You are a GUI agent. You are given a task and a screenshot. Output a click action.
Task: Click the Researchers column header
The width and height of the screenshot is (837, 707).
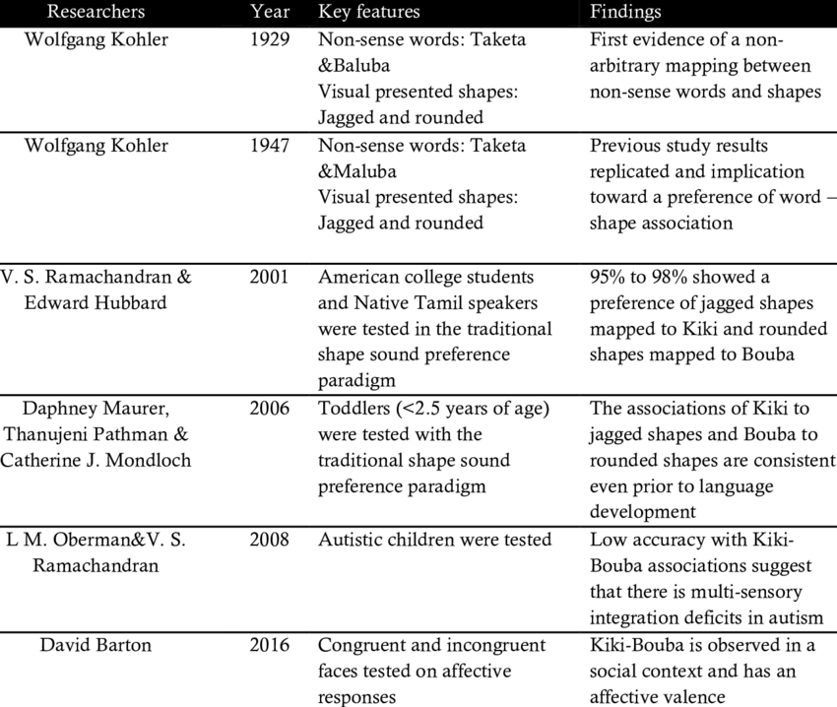pyautogui.click(x=96, y=12)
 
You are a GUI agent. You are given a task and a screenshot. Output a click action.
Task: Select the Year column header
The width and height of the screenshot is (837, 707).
pyautogui.click(x=270, y=12)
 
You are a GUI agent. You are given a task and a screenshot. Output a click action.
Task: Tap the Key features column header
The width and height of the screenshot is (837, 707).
pyautogui.click(x=368, y=12)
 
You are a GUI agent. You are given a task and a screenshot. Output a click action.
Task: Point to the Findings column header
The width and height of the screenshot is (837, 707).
pyautogui.click(x=625, y=12)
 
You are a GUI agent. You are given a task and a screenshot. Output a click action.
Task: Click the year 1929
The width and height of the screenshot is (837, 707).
pyautogui.click(x=270, y=40)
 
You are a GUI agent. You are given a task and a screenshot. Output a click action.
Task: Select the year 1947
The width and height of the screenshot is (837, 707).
pyautogui.click(x=270, y=146)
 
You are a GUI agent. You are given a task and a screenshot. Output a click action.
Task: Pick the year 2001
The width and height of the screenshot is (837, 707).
pyautogui.click(x=270, y=277)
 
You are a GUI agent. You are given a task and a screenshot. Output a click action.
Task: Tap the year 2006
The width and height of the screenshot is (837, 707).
pyautogui.click(x=270, y=408)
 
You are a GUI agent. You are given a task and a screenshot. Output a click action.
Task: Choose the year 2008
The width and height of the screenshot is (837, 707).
pyautogui.click(x=270, y=540)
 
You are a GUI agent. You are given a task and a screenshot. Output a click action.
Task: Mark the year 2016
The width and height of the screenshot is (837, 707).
pyautogui.click(x=270, y=645)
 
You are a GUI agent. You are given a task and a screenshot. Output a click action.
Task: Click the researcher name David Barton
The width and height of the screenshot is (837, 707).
pyautogui.click(x=96, y=645)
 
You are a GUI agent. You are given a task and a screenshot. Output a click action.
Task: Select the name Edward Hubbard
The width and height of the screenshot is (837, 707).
pyautogui.click(x=96, y=302)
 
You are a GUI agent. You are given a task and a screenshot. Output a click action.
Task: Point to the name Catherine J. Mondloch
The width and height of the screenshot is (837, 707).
pyautogui.click(x=96, y=460)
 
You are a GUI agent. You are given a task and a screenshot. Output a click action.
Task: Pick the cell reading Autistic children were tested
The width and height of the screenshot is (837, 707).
pyautogui.click(x=434, y=540)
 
